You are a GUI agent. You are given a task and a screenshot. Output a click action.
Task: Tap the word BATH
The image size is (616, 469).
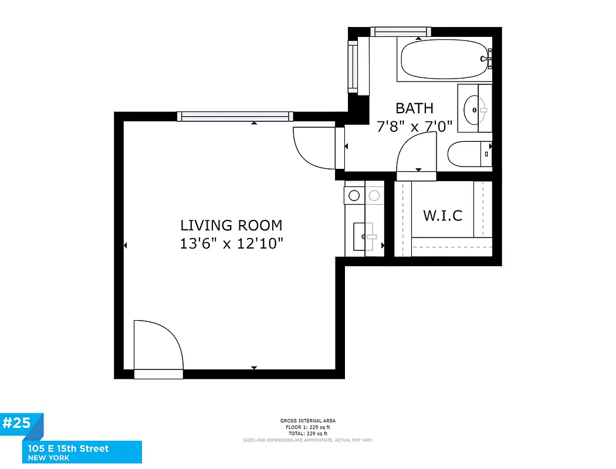click(414, 108)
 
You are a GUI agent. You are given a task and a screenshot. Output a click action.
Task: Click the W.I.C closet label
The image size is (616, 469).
click(442, 215)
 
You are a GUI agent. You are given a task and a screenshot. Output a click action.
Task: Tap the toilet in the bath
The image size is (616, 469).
click(469, 155)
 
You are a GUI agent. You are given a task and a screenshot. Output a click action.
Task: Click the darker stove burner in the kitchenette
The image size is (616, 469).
click(354, 195)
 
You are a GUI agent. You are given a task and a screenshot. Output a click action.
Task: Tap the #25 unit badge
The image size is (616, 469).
click(19, 424)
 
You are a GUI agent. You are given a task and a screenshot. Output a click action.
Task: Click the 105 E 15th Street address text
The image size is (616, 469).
click(68, 448)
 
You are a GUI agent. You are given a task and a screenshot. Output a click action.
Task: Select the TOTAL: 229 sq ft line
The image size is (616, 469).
click(308, 433)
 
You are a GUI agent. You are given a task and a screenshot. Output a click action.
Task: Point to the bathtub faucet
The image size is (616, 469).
click(485, 58)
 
